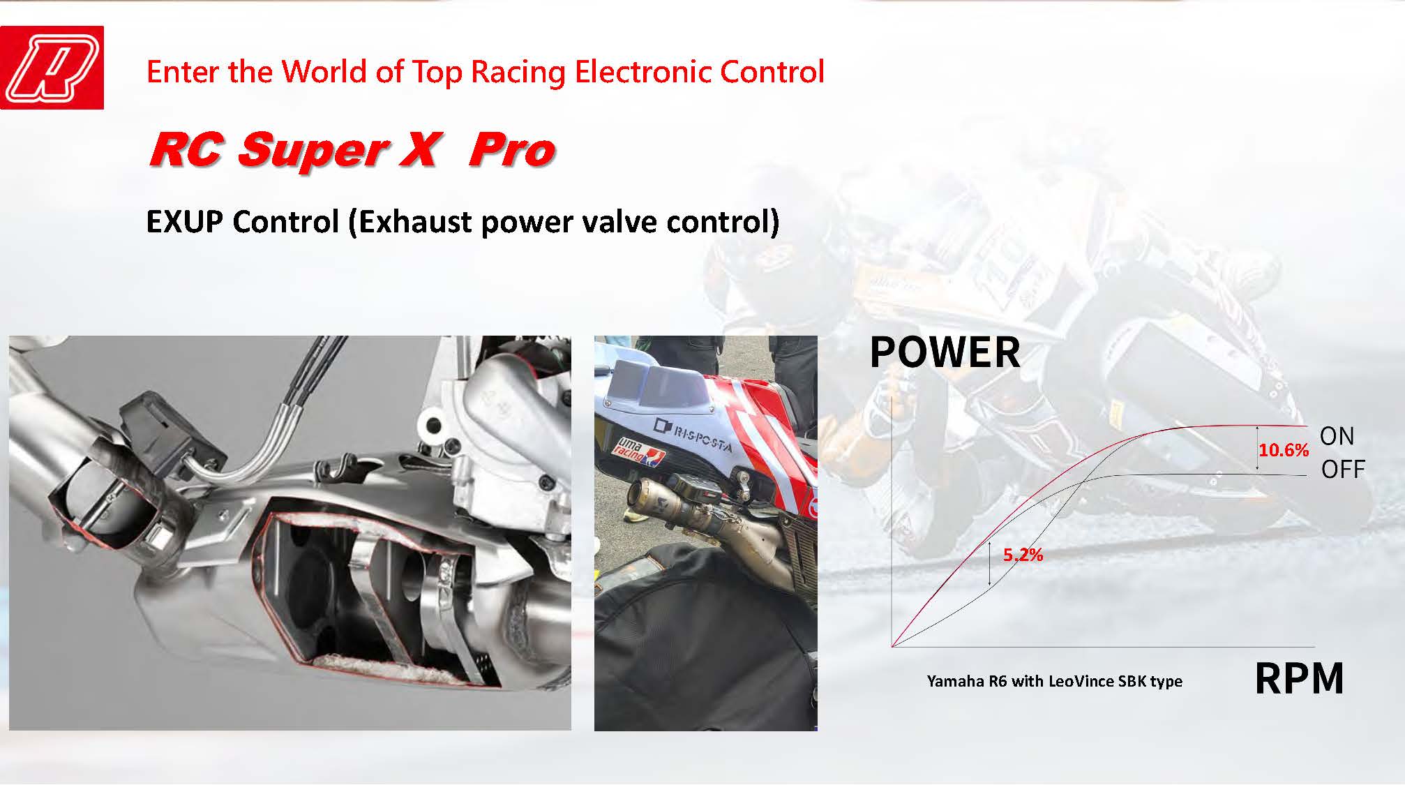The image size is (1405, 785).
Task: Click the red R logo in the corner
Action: point(52,68)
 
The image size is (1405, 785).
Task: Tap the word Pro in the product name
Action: point(511,149)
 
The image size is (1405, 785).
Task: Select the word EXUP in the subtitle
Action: point(185,221)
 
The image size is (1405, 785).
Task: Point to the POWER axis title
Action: point(945,352)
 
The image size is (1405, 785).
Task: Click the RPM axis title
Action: point(1299,678)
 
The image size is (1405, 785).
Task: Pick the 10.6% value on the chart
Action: point(1284,450)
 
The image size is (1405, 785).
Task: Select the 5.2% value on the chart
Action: point(1023,555)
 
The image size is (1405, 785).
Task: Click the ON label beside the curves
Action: point(1337,436)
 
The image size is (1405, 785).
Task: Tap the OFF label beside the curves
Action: point(1343,470)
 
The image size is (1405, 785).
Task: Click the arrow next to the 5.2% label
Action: point(990,564)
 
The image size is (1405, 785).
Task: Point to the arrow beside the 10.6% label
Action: point(1257,450)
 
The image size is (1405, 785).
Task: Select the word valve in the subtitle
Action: point(617,221)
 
